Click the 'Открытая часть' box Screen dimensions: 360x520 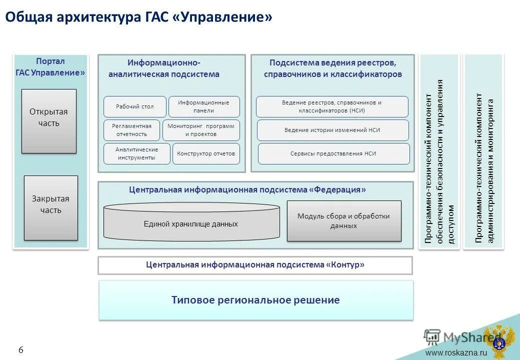click(48, 121)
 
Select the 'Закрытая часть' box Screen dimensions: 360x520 click(51, 207)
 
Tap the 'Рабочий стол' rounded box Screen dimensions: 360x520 click(134, 106)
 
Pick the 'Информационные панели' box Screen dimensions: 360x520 click(204, 106)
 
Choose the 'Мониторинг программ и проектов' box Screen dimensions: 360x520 click(201, 130)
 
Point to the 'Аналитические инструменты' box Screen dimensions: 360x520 click(136, 153)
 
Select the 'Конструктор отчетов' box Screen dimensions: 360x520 click(206, 153)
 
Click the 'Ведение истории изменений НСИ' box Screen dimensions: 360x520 click(332, 130)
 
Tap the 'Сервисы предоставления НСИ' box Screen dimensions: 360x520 click(333, 153)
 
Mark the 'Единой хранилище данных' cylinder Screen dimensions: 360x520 click(191, 224)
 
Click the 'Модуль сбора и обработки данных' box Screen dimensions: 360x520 click(343, 221)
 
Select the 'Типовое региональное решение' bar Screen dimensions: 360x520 click(255, 300)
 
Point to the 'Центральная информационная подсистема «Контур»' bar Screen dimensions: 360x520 click(255, 265)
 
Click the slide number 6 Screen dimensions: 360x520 click(21, 350)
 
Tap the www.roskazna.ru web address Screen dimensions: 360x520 click(456, 353)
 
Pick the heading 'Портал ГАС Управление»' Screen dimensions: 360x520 click(50, 67)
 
